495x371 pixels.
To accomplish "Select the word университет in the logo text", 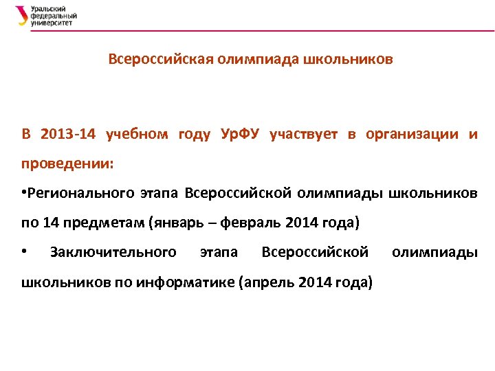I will point(52,23).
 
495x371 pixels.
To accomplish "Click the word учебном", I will point(137,133).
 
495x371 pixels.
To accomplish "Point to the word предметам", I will point(111,223).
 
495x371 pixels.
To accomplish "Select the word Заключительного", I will point(113,252).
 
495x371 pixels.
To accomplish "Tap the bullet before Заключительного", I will point(24,252).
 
